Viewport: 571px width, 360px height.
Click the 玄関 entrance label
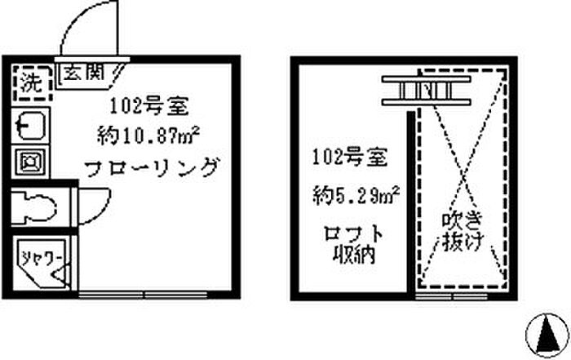[84, 72]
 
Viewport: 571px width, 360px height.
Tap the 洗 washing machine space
[31, 82]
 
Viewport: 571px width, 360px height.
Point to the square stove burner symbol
[30, 159]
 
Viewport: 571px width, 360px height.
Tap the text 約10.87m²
[143, 135]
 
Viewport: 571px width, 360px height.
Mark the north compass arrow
[547, 331]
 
